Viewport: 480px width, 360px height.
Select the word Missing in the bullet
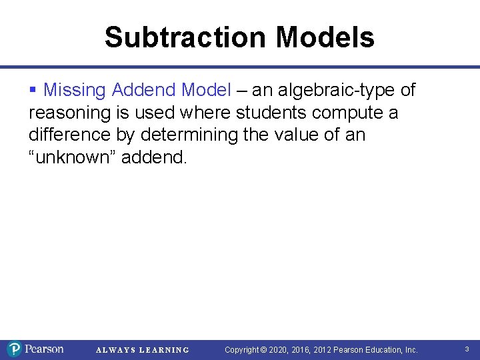(75, 89)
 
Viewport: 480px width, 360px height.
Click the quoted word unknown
(68, 157)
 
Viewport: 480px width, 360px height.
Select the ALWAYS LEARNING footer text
(143, 350)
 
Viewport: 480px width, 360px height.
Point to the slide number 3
(467, 349)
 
